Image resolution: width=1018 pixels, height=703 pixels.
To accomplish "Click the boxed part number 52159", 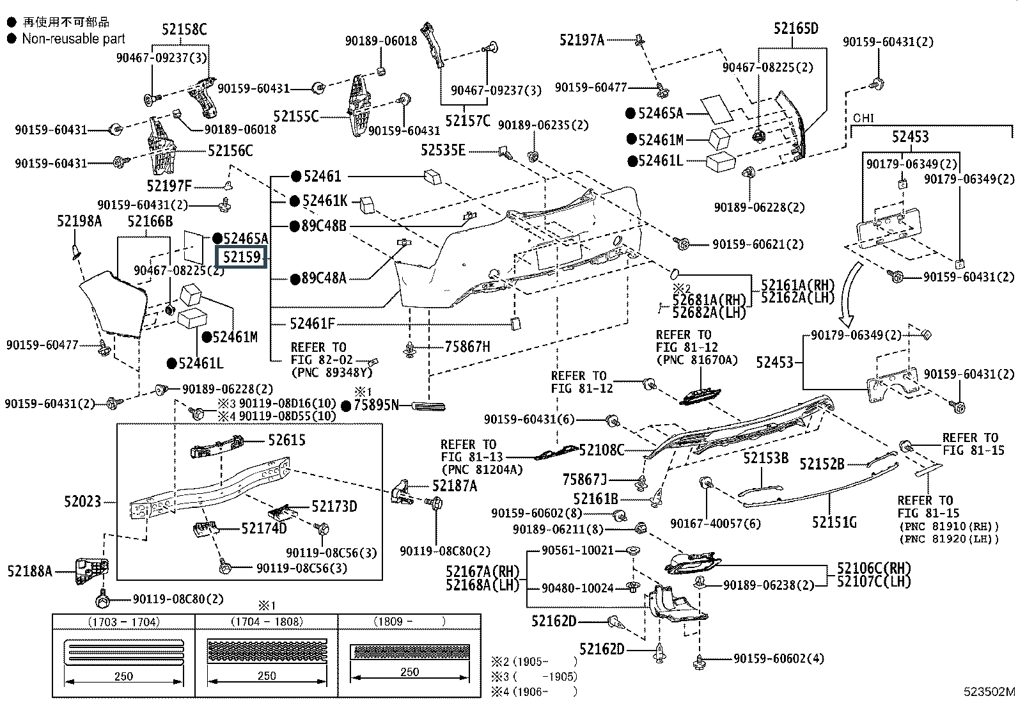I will click(242, 257).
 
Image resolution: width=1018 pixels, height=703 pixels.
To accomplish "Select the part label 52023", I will click(82, 502).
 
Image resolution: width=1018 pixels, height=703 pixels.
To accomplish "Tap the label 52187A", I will click(455, 486).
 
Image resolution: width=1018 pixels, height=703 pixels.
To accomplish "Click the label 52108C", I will click(601, 450).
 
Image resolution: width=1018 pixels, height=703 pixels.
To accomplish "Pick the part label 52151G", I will click(834, 523).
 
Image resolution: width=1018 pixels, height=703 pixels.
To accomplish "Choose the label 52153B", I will click(765, 459).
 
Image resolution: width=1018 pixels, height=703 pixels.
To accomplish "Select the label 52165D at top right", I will click(795, 29).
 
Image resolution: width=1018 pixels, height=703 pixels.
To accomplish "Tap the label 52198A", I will click(79, 221).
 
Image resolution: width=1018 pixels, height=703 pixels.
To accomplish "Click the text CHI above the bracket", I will click(863, 118).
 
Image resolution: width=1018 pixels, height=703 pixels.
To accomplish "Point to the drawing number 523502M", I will click(989, 691).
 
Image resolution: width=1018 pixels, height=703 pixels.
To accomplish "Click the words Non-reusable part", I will click(74, 39).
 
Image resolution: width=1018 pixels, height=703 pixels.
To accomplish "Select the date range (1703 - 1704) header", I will click(123, 622).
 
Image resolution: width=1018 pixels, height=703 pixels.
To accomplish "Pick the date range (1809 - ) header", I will click(409, 622).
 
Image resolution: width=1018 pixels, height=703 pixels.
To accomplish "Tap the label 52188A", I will click(30, 571).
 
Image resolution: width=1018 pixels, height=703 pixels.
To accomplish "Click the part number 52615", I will click(286, 440).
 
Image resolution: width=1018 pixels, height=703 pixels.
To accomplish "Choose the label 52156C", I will click(230, 151).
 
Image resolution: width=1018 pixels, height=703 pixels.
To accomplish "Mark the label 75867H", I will click(467, 347).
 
